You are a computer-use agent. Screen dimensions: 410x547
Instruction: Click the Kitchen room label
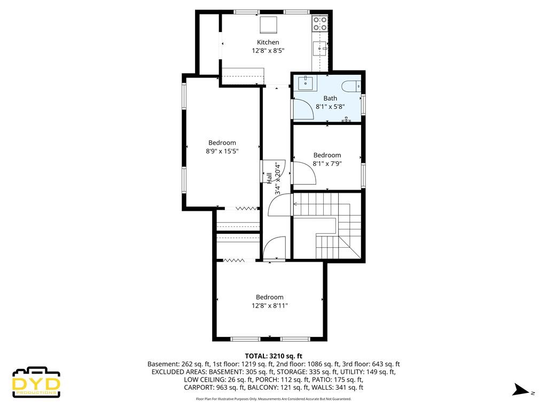268,42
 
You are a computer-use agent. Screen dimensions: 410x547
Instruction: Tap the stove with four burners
320,23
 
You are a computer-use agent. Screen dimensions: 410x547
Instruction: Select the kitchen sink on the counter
321,49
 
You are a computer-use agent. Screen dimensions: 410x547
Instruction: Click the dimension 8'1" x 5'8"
330,106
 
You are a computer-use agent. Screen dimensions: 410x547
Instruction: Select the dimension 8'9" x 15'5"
222,151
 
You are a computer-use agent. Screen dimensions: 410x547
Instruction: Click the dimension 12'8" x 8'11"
270,305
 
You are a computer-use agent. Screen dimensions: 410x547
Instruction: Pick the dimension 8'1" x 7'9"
327,163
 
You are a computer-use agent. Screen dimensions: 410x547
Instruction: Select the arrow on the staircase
295,203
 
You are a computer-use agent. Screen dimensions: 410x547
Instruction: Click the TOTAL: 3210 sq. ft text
273,356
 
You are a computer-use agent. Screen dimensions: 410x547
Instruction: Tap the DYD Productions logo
36,382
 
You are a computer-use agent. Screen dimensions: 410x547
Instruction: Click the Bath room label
330,98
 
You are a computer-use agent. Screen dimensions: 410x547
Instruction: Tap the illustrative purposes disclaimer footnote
273,399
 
